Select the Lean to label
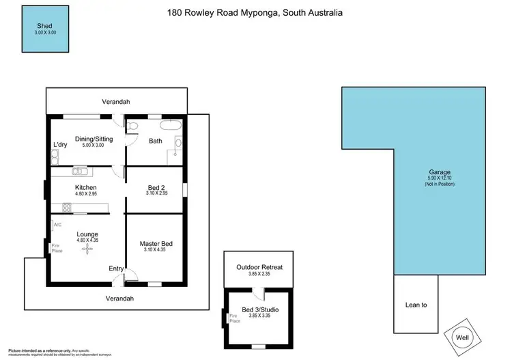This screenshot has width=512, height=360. [415, 305]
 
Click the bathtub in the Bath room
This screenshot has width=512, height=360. [170, 126]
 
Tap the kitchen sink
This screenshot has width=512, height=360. [79, 171]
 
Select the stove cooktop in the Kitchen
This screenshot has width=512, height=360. [68, 207]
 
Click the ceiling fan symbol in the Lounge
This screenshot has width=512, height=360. [86, 250]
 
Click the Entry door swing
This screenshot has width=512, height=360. [131, 275]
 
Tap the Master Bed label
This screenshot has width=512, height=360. [155, 243]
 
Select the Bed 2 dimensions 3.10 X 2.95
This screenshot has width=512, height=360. [155, 193]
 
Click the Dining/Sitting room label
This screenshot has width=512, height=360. [94, 139]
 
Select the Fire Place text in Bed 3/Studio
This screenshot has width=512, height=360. [235, 318]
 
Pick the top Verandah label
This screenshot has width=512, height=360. [115, 102]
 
